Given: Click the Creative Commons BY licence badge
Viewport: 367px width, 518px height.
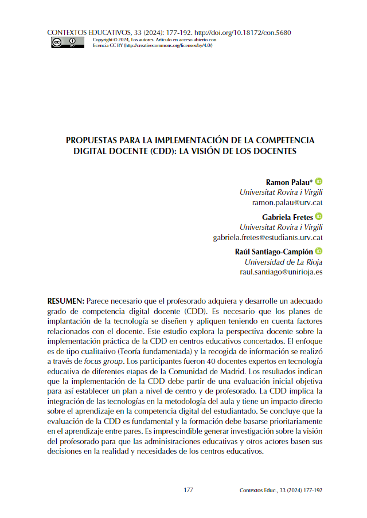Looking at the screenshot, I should tap(67, 42).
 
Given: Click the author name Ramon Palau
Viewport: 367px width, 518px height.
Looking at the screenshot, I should tap(289, 182).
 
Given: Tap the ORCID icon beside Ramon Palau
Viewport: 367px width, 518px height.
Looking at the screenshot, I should tap(319, 181).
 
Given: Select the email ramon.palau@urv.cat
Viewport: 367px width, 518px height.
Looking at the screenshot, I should tap(287, 203).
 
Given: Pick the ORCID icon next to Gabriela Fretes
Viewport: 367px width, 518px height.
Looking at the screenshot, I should tap(319, 216).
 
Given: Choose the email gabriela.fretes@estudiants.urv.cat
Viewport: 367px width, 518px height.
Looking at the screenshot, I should tap(268, 237).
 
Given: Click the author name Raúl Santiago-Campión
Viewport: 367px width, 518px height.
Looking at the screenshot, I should tap(274, 252).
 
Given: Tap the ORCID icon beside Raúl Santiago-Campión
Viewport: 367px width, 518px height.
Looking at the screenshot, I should tap(319, 251).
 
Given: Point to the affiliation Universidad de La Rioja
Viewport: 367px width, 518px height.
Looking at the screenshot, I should tap(283, 262).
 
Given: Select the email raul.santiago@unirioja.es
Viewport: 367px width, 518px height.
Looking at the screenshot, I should tap(281, 272).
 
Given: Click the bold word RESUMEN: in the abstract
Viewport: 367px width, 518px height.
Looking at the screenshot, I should tap(66, 301).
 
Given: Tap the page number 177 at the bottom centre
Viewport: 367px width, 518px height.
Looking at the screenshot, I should tap(189, 490).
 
